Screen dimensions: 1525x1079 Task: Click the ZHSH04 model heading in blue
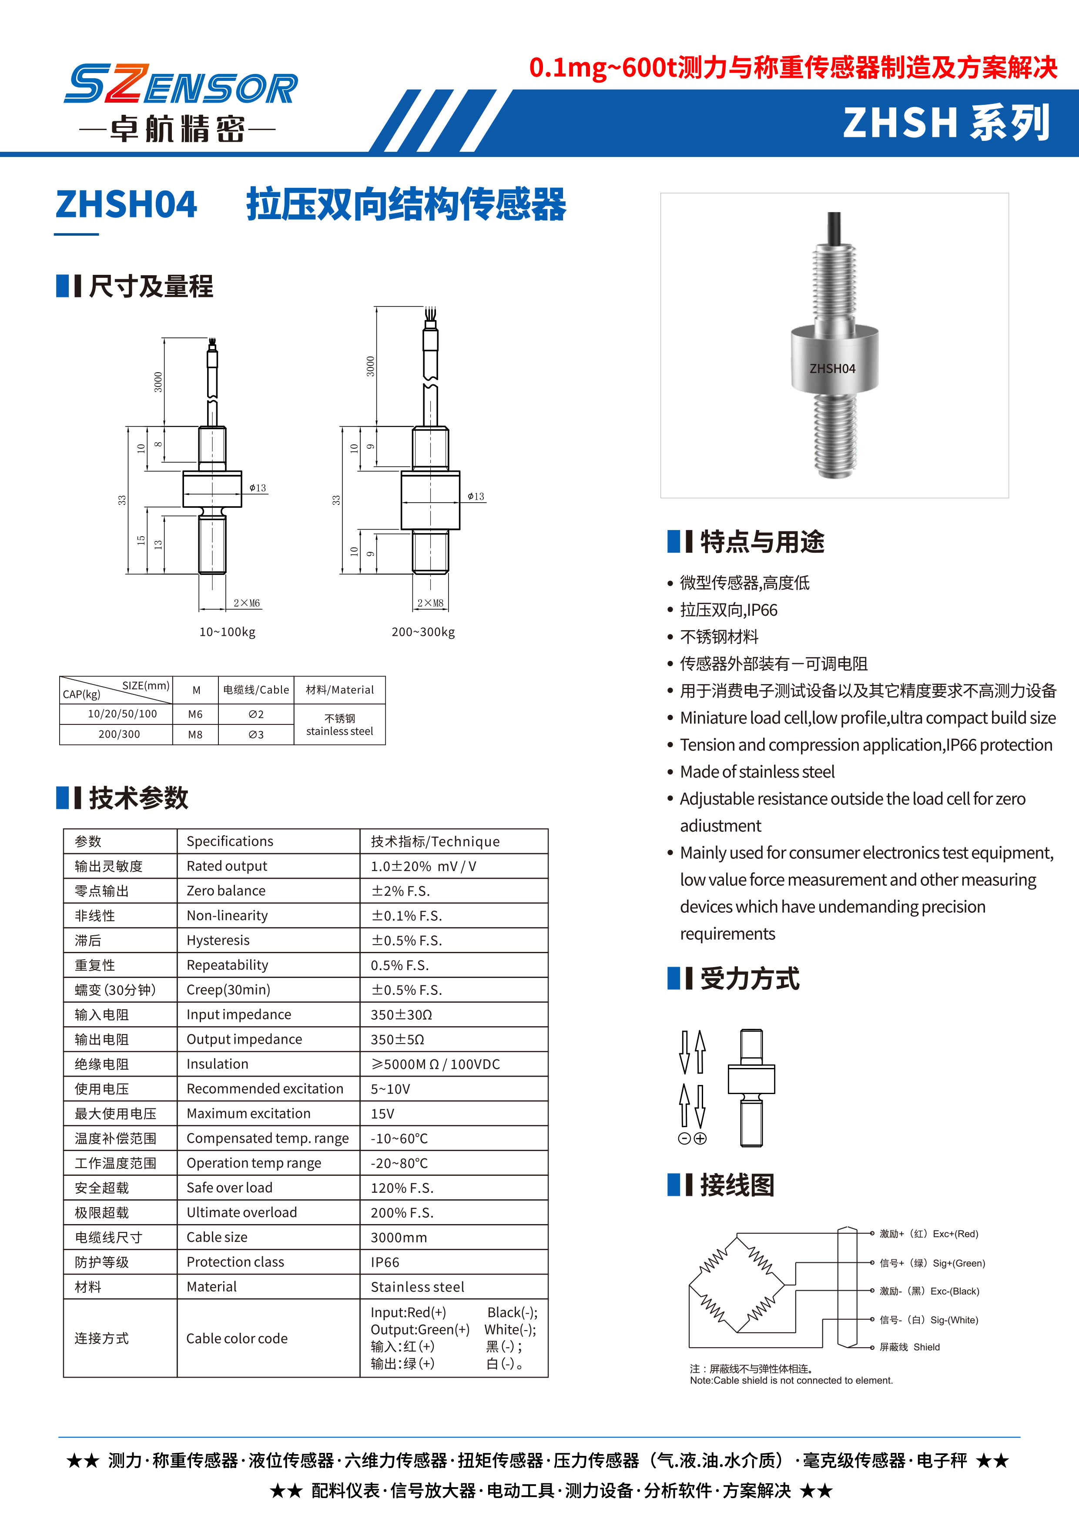(126, 204)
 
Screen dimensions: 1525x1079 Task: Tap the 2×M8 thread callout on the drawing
(430, 603)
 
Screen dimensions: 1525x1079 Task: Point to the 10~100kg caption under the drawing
(227, 632)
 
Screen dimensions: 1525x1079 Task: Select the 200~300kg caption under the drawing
(423, 632)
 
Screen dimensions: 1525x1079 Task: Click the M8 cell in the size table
(195, 734)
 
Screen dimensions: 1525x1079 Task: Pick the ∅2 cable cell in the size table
(256, 714)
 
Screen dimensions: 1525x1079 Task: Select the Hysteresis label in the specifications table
(218, 941)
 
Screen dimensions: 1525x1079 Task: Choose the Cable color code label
(237, 1338)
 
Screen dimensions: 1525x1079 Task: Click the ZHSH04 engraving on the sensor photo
(832, 369)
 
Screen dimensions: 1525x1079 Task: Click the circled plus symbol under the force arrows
(700, 1138)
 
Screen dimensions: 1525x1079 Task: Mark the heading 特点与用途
(762, 542)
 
